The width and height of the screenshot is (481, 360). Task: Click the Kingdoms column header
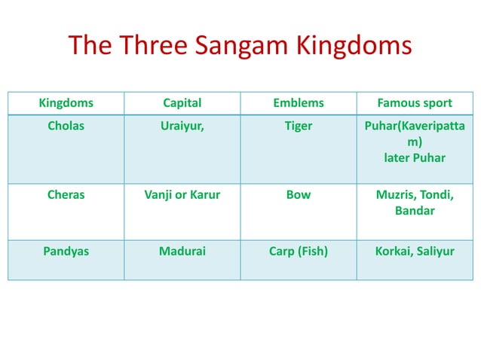66,103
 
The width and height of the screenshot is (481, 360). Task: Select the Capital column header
182,103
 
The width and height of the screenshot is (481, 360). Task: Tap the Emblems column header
299,103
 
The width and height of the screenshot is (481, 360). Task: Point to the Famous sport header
415,103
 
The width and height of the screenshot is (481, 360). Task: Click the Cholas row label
66,126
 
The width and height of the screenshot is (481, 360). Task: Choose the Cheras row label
66,194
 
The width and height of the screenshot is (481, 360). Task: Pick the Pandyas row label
66,252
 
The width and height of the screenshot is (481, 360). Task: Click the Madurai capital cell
182,252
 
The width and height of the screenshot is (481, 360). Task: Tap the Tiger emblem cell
299,126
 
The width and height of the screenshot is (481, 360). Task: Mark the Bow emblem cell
299,194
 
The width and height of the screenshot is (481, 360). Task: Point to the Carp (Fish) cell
299,252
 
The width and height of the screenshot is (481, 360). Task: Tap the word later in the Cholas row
398,158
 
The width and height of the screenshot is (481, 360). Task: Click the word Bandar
415,211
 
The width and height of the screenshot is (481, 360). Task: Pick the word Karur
204,194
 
